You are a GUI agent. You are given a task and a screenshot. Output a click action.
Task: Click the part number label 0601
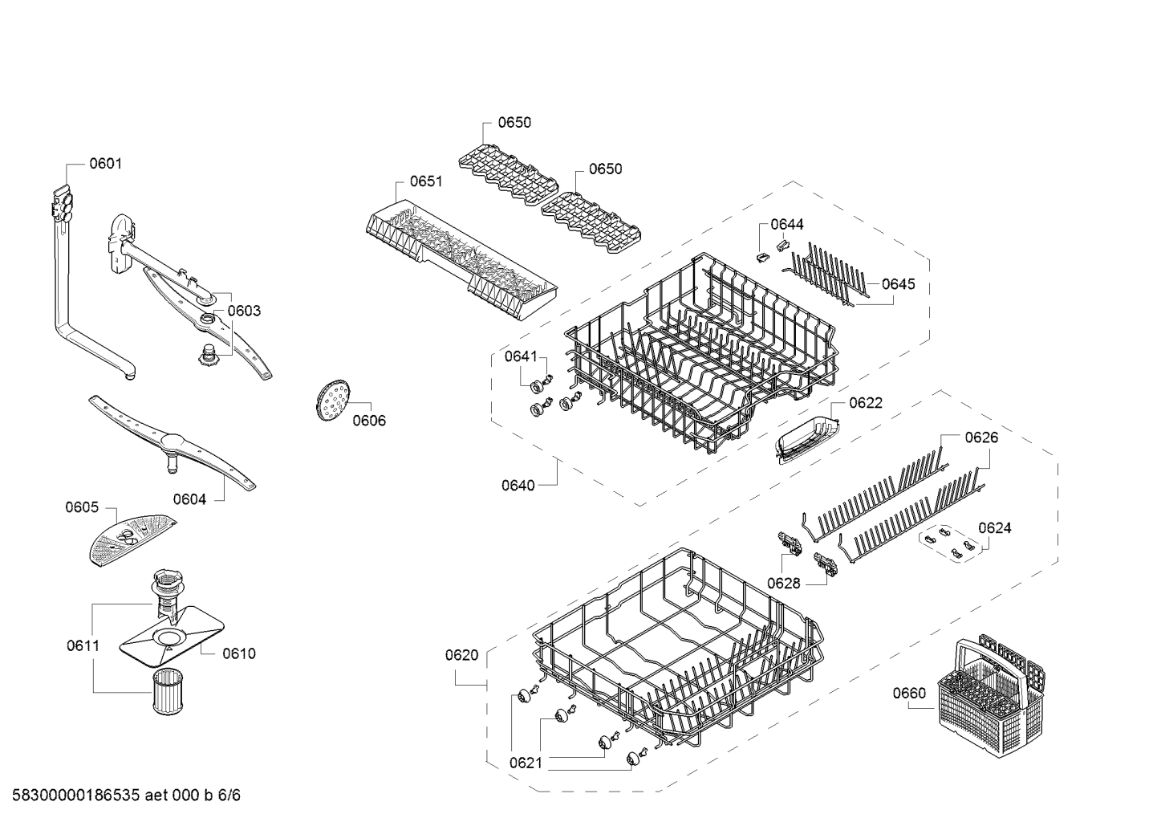click(105, 164)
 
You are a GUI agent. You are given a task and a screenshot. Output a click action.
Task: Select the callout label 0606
click(369, 421)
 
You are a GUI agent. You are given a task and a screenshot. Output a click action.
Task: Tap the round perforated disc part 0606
click(331, 400)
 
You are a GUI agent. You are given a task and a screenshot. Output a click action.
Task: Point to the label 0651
click(426, 181)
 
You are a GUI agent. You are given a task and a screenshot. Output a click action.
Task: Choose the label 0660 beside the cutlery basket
click(908, 694)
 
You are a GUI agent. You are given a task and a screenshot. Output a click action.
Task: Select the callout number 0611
click(83, 645)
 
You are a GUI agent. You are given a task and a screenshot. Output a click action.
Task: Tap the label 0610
click(238, 653)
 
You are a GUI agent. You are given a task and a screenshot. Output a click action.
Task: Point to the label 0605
click(82, 507)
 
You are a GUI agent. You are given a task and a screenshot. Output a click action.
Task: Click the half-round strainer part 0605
click(128, 540)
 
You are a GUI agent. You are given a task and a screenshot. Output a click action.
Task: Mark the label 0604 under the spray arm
click(189, 499)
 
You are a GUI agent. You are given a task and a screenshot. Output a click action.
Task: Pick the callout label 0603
click(244, 311)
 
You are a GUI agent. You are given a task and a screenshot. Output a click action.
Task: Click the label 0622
click(866, 403)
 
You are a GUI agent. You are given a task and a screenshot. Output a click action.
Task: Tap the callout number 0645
click(898, 284)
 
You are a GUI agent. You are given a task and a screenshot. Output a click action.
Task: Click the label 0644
click(787, 225)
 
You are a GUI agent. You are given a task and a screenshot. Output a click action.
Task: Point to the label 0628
click(783, 584)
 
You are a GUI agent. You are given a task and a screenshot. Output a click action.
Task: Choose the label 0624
click(995, 528)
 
